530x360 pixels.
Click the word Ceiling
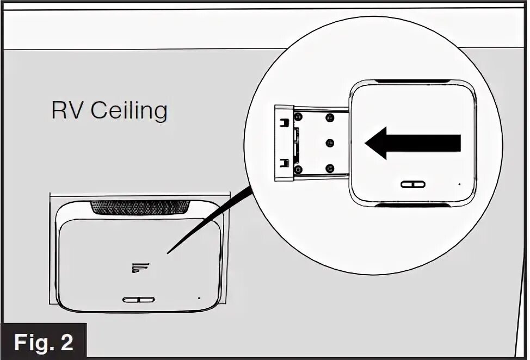pos(129,111)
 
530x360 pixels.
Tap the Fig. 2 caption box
pos(44,342)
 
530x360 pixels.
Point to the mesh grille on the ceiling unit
pos(140,207)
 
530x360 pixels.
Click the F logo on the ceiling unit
pos(140,266)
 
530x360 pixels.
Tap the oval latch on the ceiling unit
pos(139,300)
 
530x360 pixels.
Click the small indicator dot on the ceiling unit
pos(199,298)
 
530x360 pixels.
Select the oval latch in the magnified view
pos(413,184)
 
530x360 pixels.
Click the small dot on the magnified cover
pos(460,184)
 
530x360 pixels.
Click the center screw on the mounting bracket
pos(329,142)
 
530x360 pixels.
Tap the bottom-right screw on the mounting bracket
pos(329,168)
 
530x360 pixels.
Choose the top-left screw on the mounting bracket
pos(298,117)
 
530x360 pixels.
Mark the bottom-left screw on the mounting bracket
pos(298,170)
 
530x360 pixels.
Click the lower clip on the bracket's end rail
pos(283,162)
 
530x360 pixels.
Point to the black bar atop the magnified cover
pos(413,82)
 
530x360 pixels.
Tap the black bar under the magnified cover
pos(413,206)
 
